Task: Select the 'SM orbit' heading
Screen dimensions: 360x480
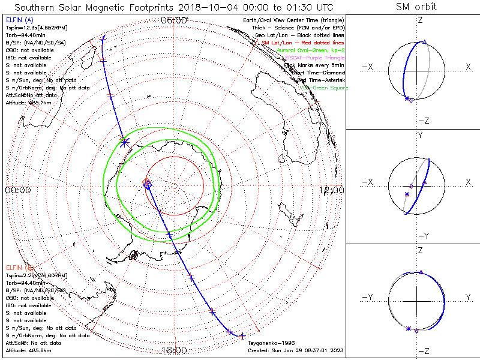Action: (416, 7)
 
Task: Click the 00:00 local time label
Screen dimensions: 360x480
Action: (18, 190)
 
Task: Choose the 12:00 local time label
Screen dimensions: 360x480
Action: (332, 190)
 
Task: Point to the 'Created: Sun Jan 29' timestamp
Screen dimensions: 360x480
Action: (294, 350)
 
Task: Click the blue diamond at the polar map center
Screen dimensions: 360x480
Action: (148, 185)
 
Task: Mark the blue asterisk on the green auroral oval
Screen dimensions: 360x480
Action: (124, 142)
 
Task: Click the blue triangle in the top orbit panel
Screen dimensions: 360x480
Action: (424, 41)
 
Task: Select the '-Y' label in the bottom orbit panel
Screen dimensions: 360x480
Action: (369, 297)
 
